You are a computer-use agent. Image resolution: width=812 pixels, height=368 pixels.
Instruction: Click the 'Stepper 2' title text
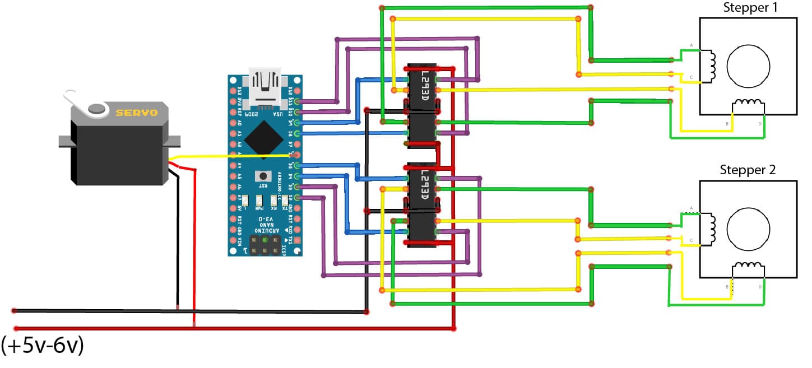pos(748,170)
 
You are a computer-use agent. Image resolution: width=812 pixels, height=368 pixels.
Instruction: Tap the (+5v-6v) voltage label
pos(43,346)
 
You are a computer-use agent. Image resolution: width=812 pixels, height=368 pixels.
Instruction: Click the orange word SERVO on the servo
pos(136,113)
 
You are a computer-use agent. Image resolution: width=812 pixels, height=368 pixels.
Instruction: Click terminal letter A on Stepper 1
pos(692,45)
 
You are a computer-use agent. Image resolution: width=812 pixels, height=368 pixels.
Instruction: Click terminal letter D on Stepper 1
pos(760,124)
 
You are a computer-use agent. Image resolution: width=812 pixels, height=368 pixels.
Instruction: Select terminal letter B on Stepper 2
pos(727,287)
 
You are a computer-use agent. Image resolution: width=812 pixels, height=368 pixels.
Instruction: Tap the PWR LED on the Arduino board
pos(259,201)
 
